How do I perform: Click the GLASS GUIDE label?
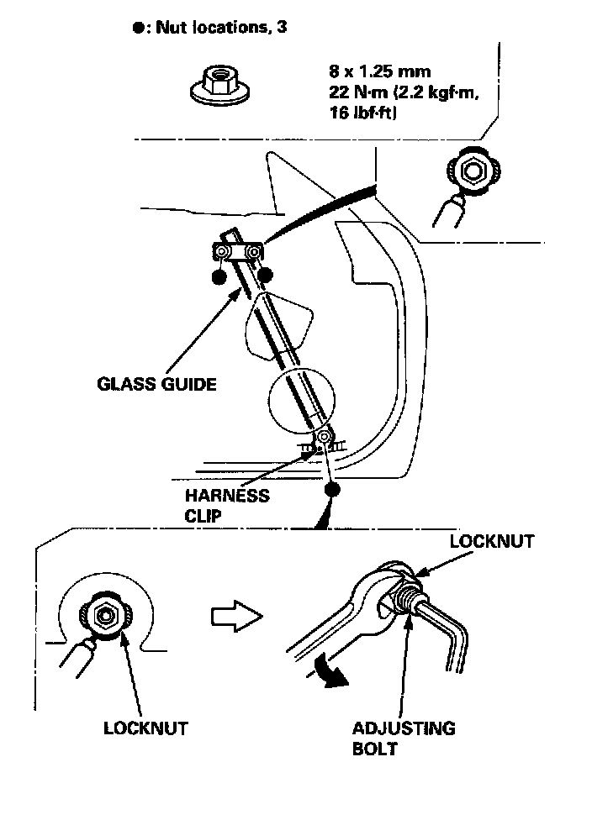(x=156, y=384)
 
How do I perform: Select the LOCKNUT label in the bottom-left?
(x=145, y=728)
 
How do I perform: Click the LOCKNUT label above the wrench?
(x=491, y=541)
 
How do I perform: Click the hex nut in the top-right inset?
(x=473, y=171)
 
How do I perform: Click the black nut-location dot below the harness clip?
(x=333, y=489)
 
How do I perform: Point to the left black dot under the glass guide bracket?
(x=220, y=278)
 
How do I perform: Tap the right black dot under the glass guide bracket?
(x=265, y=274)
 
